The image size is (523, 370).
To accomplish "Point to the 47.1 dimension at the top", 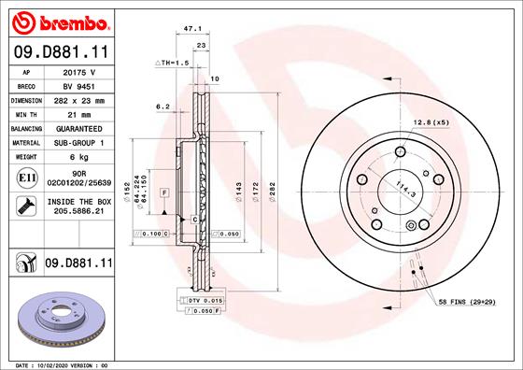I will coord(194,29).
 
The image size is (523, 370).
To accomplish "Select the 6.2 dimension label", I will coord(162,107).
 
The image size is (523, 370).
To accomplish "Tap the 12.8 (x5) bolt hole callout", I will coord(431,122).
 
